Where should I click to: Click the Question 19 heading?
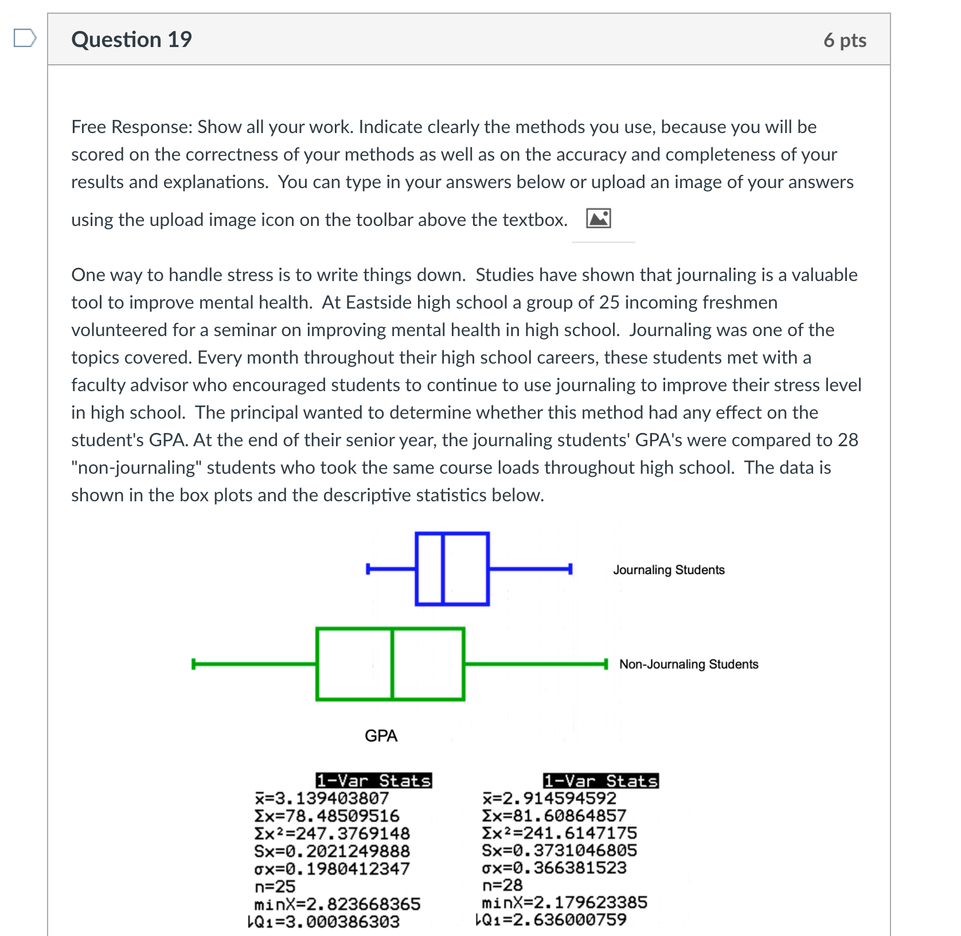[131, 40]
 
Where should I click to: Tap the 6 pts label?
[845, 40]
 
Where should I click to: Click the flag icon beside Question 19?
[25, 38]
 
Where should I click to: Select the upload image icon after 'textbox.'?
[598, 219]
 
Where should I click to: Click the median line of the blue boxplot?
[443, 568]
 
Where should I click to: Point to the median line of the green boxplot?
[392, 664]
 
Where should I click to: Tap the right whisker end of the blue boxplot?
[570, 568]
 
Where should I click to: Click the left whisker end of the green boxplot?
[194, 664]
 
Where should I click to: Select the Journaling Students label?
[669, 570]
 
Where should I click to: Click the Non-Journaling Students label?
[689, 664]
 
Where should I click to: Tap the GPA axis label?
[381, 736]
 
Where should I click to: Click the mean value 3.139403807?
[322, 798]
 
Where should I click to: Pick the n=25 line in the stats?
[275, 887]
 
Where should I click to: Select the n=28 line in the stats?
[502, 885]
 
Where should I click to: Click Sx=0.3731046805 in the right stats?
[559, 850]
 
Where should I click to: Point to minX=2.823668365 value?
[337, 904]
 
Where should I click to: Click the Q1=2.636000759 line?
[552, 920]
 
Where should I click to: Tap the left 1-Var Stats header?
[374, 781]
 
